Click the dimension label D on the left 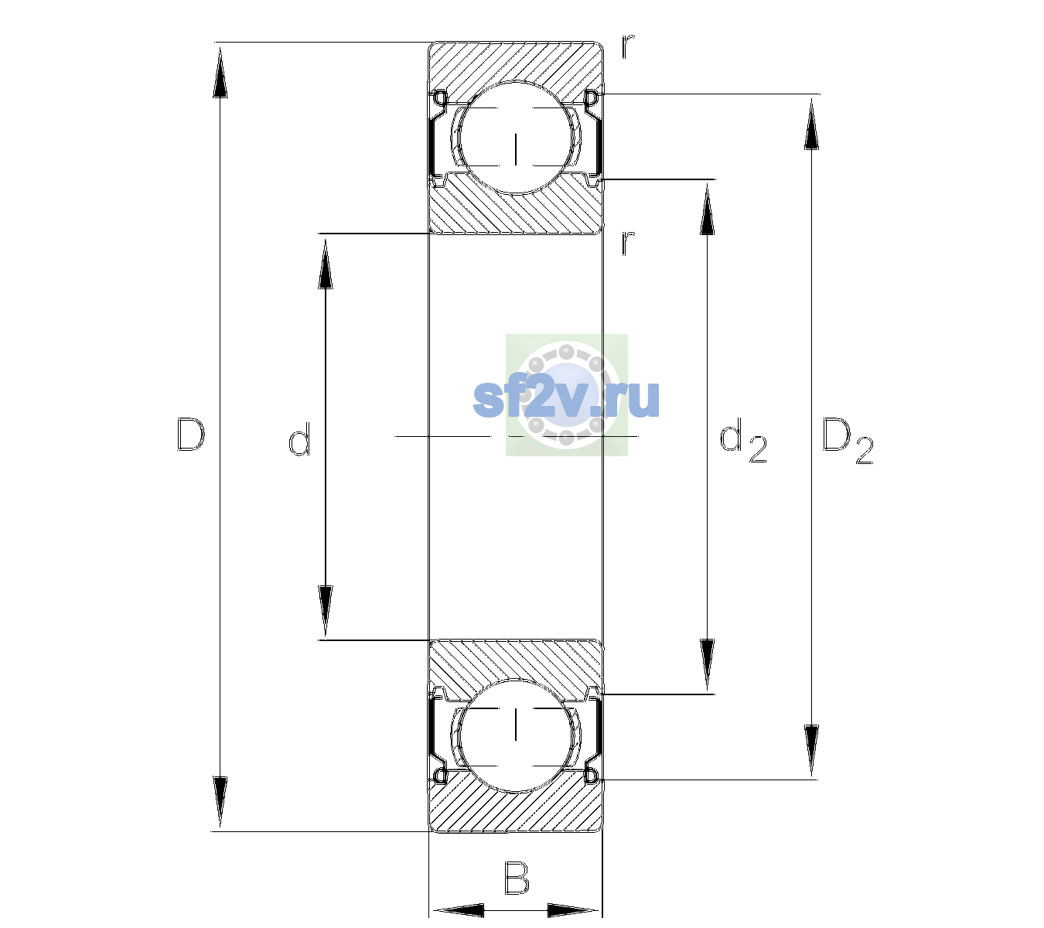click(191, 435)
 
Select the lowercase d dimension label click(299, 439)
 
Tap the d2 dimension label click(742, 440)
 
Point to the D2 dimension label click(847, 441)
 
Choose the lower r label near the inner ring click(628, 243)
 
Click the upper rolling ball click(515, 137)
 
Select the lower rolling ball click(515, 735)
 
